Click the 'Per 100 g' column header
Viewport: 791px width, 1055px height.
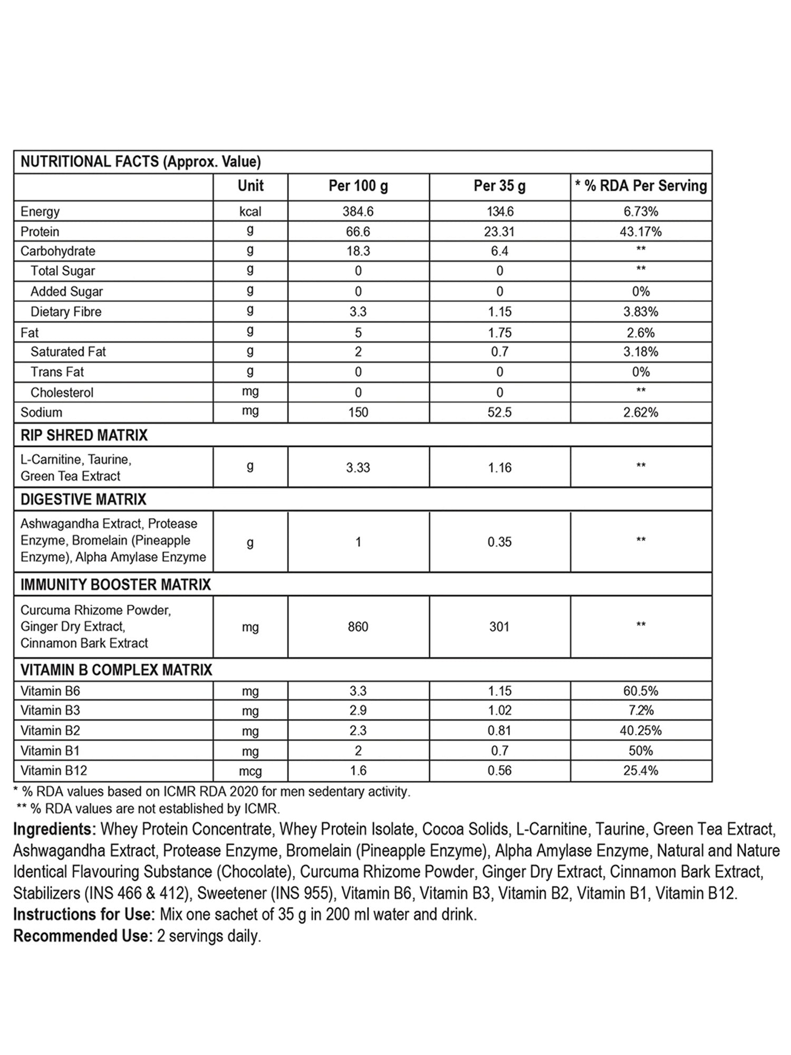[x=358, y=186]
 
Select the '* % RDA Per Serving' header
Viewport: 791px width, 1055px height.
[x=641, y=186]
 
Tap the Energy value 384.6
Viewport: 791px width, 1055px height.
[x=358, y=212]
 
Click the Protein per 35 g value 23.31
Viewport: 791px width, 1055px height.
[x=499, y=232]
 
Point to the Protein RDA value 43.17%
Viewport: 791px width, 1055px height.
[x=641, y=232]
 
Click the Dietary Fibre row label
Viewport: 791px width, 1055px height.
[x=66, y=312]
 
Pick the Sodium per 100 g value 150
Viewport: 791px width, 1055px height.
[x=358, y=413]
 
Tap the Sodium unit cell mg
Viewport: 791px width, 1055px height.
[x=250, y=411]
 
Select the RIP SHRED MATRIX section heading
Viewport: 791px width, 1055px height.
[x=84, y=435]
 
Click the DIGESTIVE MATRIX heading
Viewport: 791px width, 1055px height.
[x=83, y=499]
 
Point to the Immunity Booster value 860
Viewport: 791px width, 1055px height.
[x=358, y=627]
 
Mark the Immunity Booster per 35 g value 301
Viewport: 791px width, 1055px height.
[x=499, y=627]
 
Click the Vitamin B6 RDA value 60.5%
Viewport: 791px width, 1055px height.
[x=641, y=691]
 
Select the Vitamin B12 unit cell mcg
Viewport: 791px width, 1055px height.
[x=250, y=772]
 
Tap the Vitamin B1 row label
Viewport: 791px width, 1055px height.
[x=50, y=751]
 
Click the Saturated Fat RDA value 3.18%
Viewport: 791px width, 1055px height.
[x=641, y=352]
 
